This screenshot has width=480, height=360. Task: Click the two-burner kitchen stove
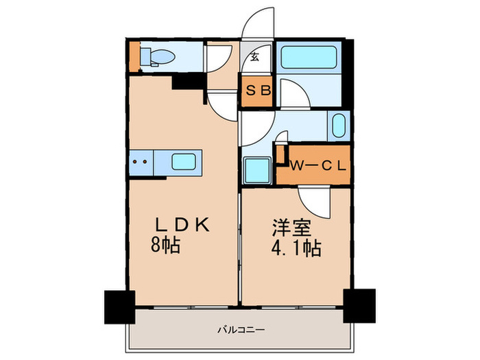click(x=141, y=163)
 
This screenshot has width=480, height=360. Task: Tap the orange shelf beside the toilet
click(x=134, y=58)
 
